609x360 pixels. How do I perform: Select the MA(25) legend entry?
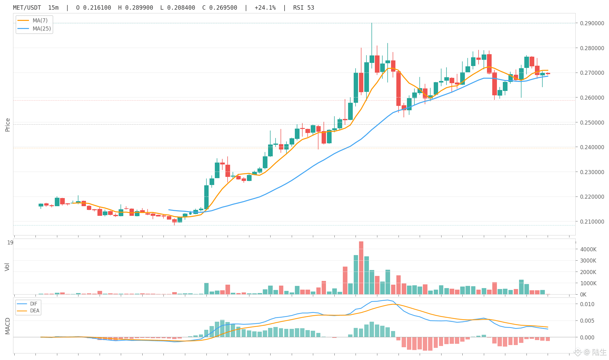click(34, 29)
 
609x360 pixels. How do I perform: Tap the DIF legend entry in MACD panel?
click(27, 304)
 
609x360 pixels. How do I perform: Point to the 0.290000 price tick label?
click(592, 23)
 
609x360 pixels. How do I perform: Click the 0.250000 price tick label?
click(592, 122)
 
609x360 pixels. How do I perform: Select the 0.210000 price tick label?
click(592, 221)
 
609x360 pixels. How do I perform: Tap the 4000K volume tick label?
click(588, 249)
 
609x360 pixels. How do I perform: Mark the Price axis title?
click(8, 125)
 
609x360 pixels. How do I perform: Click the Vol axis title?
click(7, 267)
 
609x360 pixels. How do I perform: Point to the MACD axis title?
click(7, 326)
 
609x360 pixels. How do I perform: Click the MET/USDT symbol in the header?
click(27, 8)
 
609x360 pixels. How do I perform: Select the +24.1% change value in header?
click(265, 8)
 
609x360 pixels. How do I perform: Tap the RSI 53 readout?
click(304, 8)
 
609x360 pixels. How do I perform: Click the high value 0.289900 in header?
click(136, 8)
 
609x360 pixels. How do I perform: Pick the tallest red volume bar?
click(361, 268)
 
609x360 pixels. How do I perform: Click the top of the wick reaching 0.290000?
click(372, 23)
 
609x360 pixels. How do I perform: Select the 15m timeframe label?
click(53, 8)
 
